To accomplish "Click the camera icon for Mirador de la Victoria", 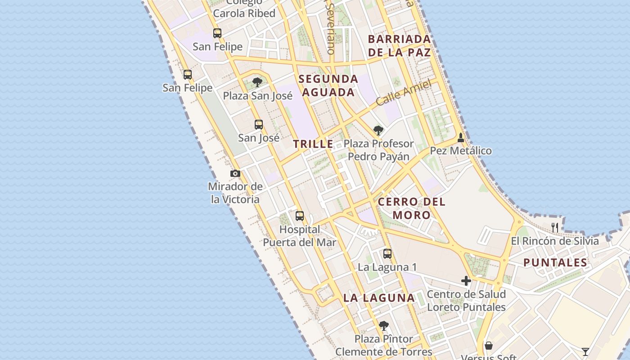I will click(235, 174).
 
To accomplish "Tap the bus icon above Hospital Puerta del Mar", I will click(300, 216).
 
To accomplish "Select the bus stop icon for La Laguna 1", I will click(387, 254).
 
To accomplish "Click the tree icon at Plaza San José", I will click(257, 82).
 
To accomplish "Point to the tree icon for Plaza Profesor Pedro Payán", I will click(378, 130).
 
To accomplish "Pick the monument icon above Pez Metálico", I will click(460, 137).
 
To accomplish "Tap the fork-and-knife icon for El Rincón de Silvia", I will click(555, 228).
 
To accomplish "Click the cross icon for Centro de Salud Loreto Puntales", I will click(466, 281).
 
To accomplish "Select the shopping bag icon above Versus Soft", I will click(489, 346).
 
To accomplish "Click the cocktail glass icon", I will click(585, 351).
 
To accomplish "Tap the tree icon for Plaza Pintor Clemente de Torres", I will click(383, 325).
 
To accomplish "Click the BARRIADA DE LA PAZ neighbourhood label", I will click(400, 45).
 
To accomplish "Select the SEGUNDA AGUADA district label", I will click(328, 85).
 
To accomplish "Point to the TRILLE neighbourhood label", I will click(313, 144).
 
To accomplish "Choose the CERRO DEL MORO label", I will click(412, 208).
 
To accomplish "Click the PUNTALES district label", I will click(555, 263).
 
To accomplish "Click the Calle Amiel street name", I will click(403, 93).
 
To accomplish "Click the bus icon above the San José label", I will click(259, 125).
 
